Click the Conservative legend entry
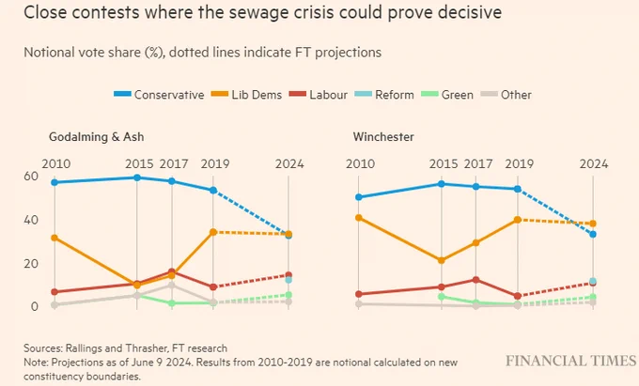point(159,95)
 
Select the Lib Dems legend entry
point(246,95)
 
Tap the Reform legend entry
point(384,95)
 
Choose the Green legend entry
point(447,95)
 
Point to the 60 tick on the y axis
point(31,177)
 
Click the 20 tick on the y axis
point(31,264)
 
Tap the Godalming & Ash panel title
point(97,137)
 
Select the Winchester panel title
point(383,137)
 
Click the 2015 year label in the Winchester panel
point(444,163)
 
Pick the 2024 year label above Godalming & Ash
point(289,163)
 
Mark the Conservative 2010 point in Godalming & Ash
point(55,182)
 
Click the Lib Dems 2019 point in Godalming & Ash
point(213,232)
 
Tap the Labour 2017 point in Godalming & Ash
point(172,271)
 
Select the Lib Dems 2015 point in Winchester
point(441,260)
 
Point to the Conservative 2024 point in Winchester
point(593,235)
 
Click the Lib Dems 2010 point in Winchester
point(359,218)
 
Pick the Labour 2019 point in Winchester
point(518,296)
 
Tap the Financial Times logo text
point(570,361)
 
